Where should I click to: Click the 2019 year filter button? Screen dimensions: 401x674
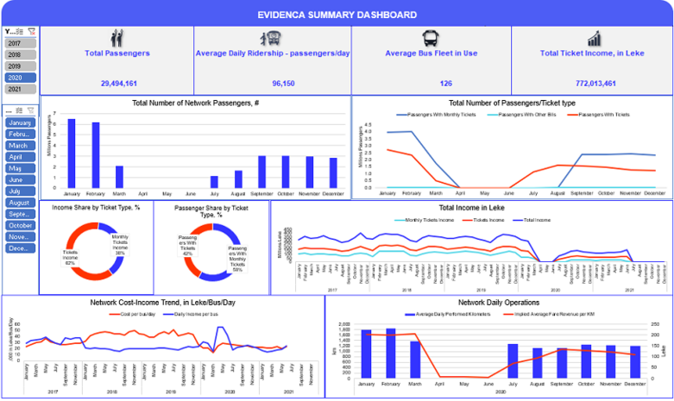(15, 66)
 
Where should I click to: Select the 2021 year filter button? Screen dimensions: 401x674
(15, 89)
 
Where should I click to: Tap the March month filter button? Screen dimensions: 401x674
(18, 146)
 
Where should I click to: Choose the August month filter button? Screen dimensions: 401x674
(18, 203)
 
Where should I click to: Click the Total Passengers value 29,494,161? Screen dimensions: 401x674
(117, 84)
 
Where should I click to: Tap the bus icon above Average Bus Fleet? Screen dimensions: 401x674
(429, 39)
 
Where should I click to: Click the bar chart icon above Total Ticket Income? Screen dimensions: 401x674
(595, 39)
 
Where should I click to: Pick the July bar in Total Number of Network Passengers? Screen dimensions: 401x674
(214, 182)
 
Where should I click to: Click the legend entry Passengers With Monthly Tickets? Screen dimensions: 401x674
(438, 114)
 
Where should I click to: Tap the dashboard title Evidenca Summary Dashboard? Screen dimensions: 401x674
(337, 15)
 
